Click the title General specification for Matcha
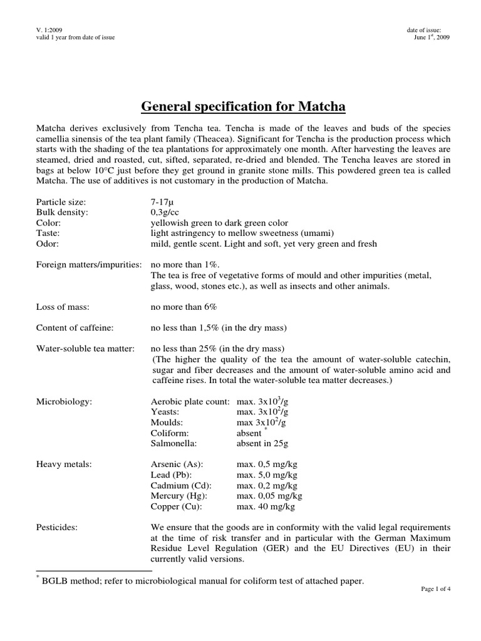(243, 106)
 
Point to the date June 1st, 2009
(432, 37)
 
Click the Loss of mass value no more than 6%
(184, 307)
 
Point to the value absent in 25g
(262, 443)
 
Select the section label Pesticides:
(57, 527)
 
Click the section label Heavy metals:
(63, 464)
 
